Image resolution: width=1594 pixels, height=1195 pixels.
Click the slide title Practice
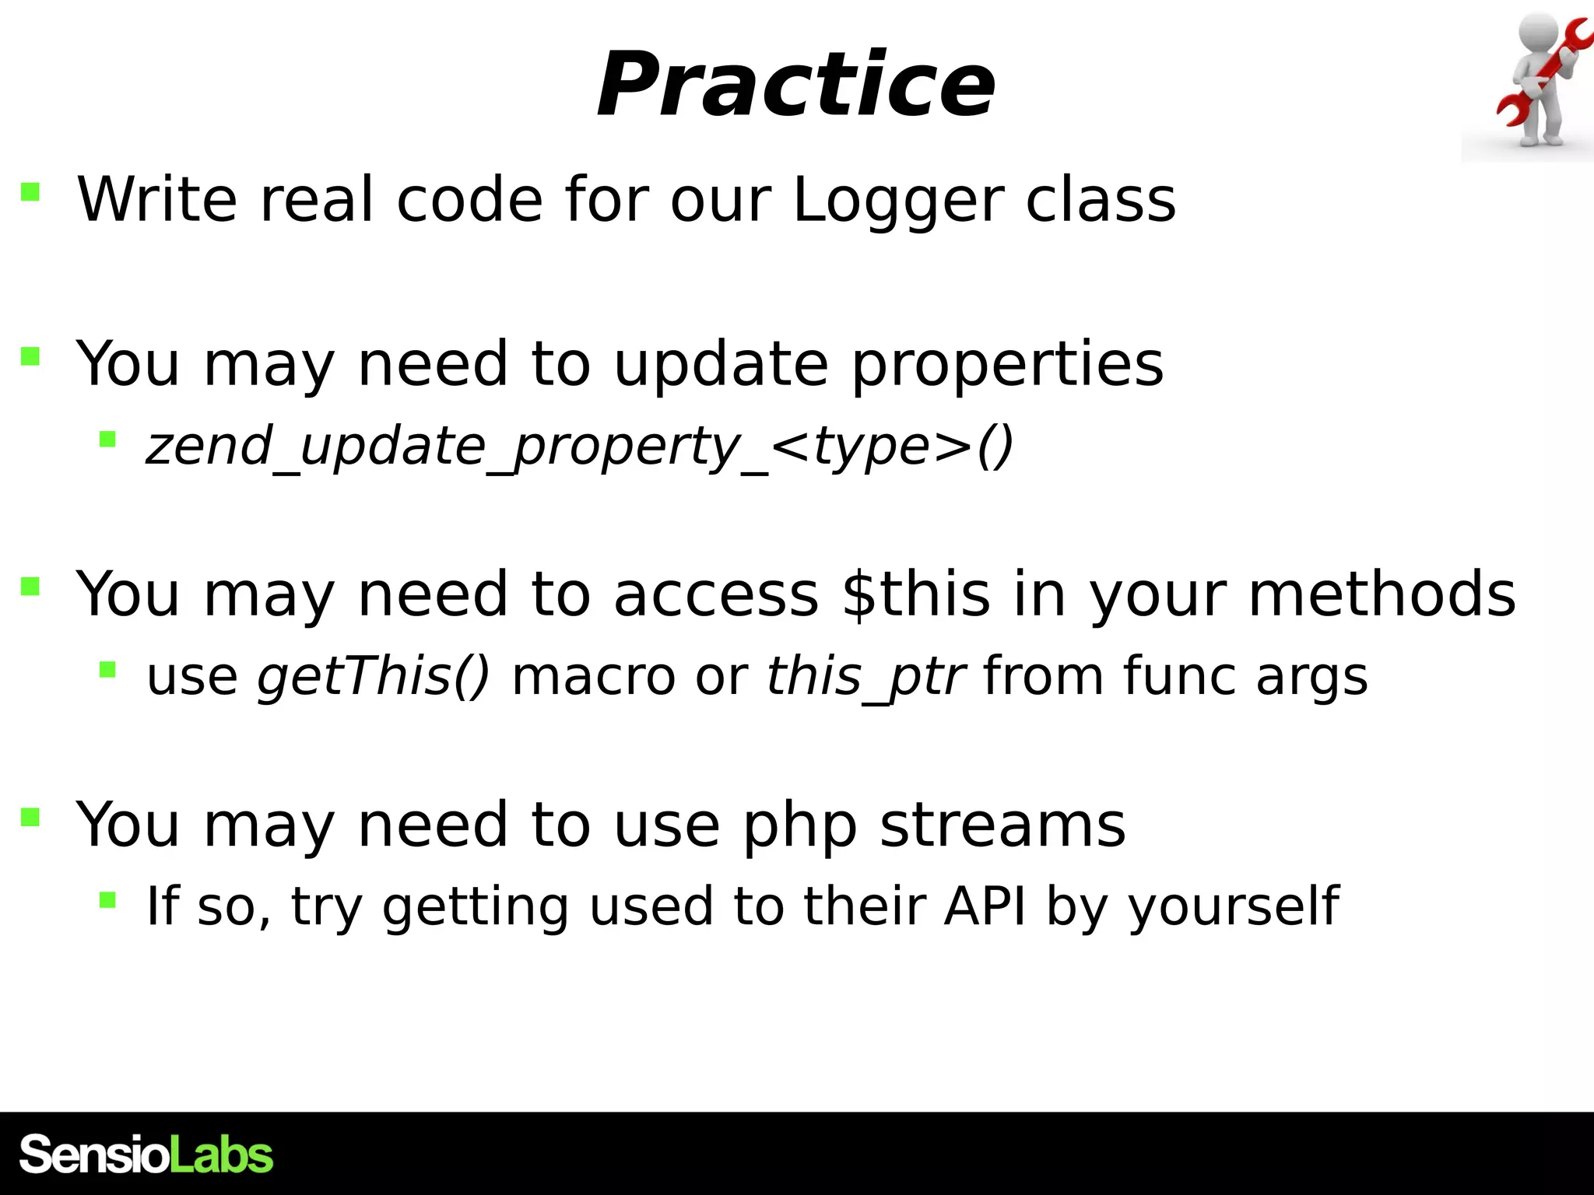click(795, 85)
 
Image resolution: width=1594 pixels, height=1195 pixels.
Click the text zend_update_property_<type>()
click(579, 447)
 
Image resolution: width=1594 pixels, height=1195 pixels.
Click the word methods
click(1382, 594)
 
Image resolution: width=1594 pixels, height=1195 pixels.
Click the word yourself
click(1234, 907)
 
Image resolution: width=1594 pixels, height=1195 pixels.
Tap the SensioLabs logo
click(146, 1155)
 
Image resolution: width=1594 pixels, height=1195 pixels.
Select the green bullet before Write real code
click(30, 191)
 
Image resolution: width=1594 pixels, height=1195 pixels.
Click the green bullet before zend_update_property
click(107, 440)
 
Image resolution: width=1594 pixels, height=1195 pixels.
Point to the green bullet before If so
click(107, 900)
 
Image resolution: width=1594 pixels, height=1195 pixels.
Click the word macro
click(593, 677)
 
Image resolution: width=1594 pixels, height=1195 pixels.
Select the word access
click(716, 594)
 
